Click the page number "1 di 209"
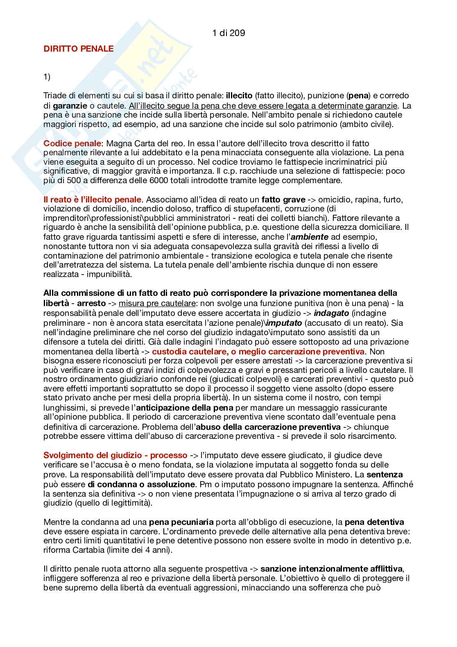click(x=229, y=33)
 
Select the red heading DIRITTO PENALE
click(x=79, y=48)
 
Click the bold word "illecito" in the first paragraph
click(x=239, y=96)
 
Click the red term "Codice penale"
click(x=72, y=143)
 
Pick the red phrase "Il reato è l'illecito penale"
click(x=93, y=200)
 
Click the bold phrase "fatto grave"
click(x=283, y=200)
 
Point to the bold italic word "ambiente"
click(x=310, y=237)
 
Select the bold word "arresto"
click(x=91, y=304)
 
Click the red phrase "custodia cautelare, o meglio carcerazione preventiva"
click(x=258, y=352)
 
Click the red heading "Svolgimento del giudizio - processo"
click(x=115, y=455)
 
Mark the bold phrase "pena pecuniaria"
click(x=181, y=522)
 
